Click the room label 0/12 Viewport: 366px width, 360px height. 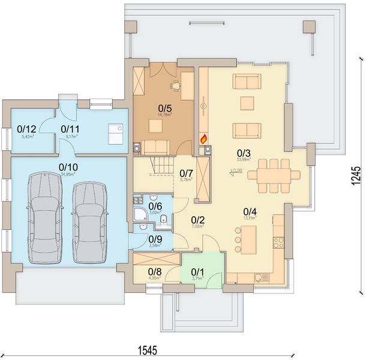tap(26, 128)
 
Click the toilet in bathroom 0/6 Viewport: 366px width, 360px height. tap(163, 224)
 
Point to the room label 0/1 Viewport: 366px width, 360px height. tap(197, 271)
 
